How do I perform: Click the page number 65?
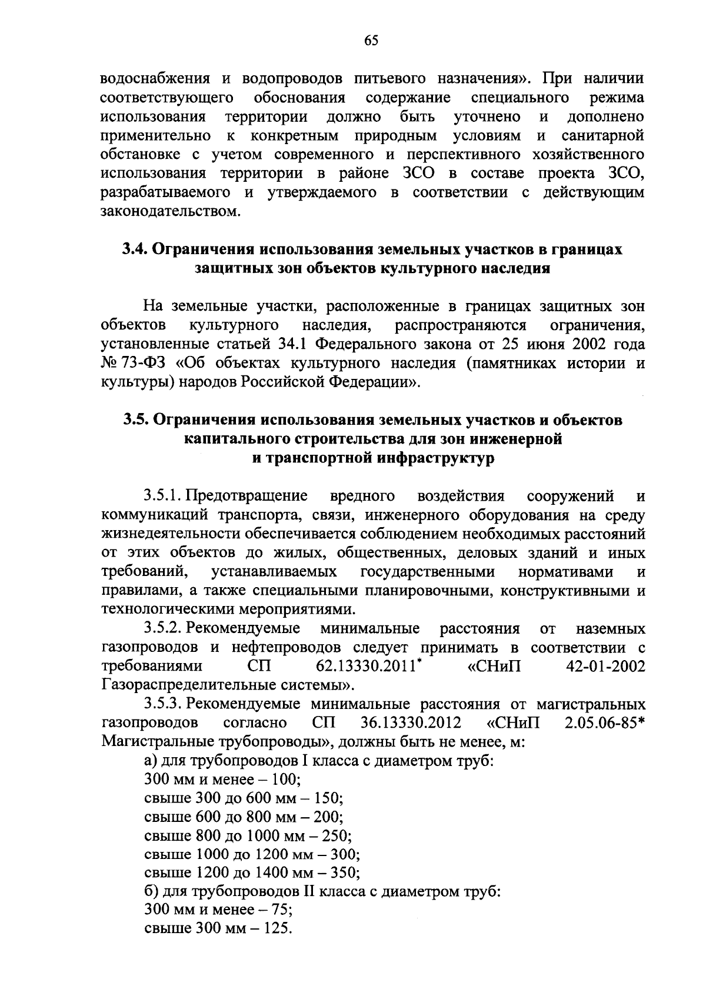(371, 41)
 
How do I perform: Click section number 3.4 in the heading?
(134, 249)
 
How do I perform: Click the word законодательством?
(171, 211)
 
